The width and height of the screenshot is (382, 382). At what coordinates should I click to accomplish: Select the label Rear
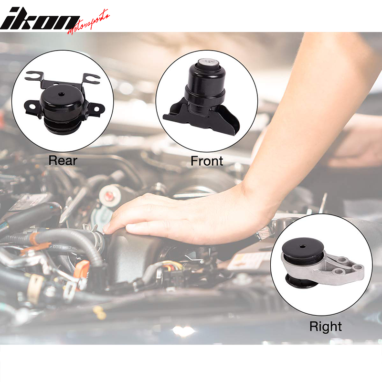coord(63,160)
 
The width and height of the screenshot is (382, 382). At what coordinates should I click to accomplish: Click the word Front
coord(207,161)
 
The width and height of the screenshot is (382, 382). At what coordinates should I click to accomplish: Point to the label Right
coord(325,327)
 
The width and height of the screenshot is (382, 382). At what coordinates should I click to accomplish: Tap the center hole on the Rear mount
coord(62,91)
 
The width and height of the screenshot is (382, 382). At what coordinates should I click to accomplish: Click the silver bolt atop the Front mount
coord(206,62)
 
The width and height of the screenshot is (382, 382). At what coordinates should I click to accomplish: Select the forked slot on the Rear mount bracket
coord(33,76)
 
